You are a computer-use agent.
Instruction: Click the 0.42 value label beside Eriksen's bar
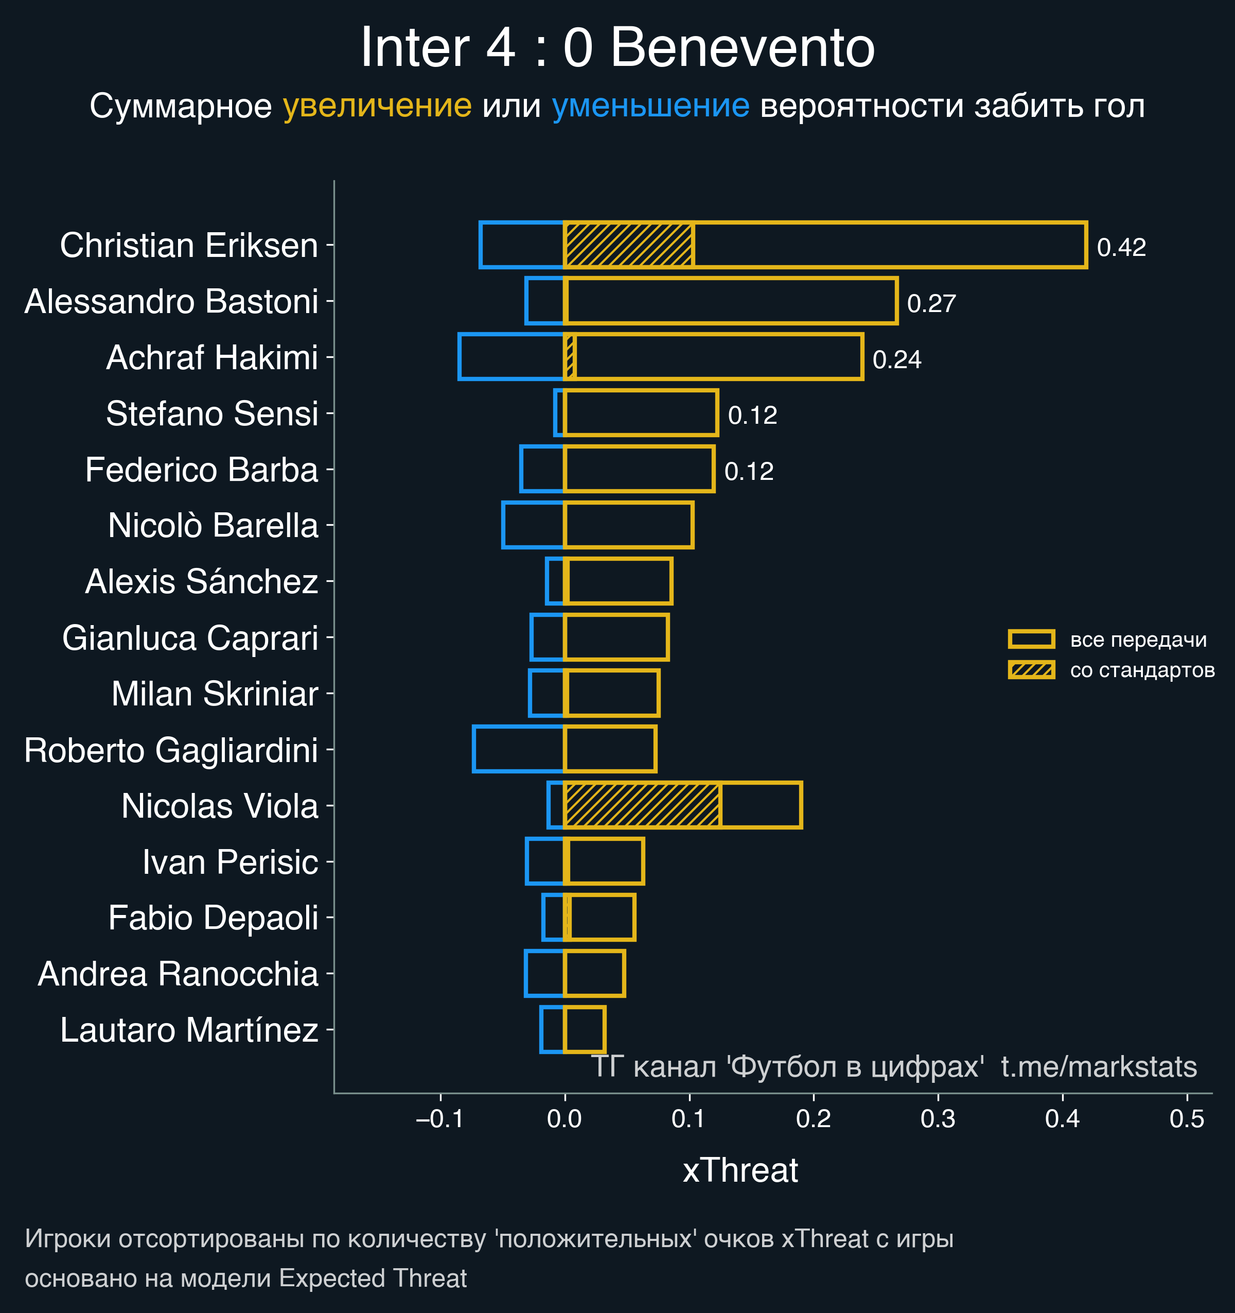(x=1121, y=247)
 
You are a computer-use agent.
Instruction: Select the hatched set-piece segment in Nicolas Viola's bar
(x=642, y=804)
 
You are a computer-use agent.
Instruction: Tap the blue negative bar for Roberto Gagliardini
(x=518, y=748)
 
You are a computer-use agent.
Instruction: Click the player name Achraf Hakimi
(x=212, y=357)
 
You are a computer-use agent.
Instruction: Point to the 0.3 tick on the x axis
(x=938, y=1119)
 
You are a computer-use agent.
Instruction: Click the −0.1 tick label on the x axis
(x=439, y=1119)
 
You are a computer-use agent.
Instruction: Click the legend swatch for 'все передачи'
(x=1031, y=638)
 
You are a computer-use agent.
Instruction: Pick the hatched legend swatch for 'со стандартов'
(x=1031, y=670)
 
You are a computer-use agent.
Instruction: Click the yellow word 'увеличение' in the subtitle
(x=377, y=106)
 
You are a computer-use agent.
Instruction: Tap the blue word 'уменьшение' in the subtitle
(x=650, y=106)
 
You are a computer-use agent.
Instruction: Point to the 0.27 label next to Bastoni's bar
(x=931, y=303)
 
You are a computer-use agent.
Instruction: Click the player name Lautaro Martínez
(x=189, y=1030)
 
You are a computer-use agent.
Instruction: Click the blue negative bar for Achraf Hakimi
(x=511, y=357)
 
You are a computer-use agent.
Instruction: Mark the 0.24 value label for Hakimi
(x=896, y=359)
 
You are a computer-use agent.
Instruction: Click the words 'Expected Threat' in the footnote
(x=373, y=1278)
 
